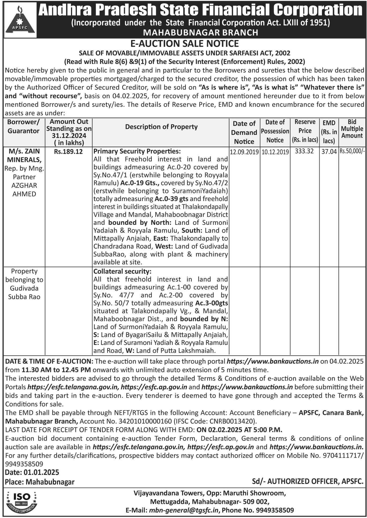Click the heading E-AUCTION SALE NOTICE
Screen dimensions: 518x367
click(x=184, y=44)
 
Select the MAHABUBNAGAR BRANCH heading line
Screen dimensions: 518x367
click(x=201, y=32)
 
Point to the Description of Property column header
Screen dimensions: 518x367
click(x=161, y=127)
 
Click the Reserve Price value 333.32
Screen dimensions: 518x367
click(x=304, y=151)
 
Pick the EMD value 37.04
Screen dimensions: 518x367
click(x=329, y=152)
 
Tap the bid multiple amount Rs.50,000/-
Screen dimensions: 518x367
click(x=352, y=151)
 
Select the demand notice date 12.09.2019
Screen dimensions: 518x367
click(x=244, y=152)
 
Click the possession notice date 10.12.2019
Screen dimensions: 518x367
click(x=275, y=152)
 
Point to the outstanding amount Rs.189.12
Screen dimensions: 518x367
click(x=68, y=152)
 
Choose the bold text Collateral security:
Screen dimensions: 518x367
click(x=122, y=271)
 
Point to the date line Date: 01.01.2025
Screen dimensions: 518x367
click(x=32, y=472)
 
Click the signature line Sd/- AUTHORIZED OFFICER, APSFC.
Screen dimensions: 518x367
click(x=308, y=481)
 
